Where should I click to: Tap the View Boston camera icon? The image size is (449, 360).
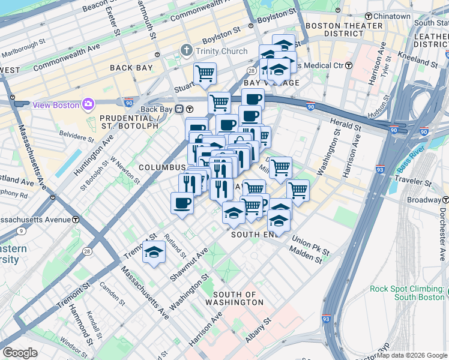[x=88, y=104]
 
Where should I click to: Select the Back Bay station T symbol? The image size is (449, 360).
[x=189, y=109]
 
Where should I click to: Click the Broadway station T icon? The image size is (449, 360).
[x=444, y=199]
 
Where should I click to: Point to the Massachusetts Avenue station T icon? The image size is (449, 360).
[x=75, y=220]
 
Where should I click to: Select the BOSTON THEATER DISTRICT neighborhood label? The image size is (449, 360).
[x=344, y=29]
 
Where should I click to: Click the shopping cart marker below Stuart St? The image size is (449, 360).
[x=205, y=74]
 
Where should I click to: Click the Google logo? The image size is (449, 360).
[x=20, y=353]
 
